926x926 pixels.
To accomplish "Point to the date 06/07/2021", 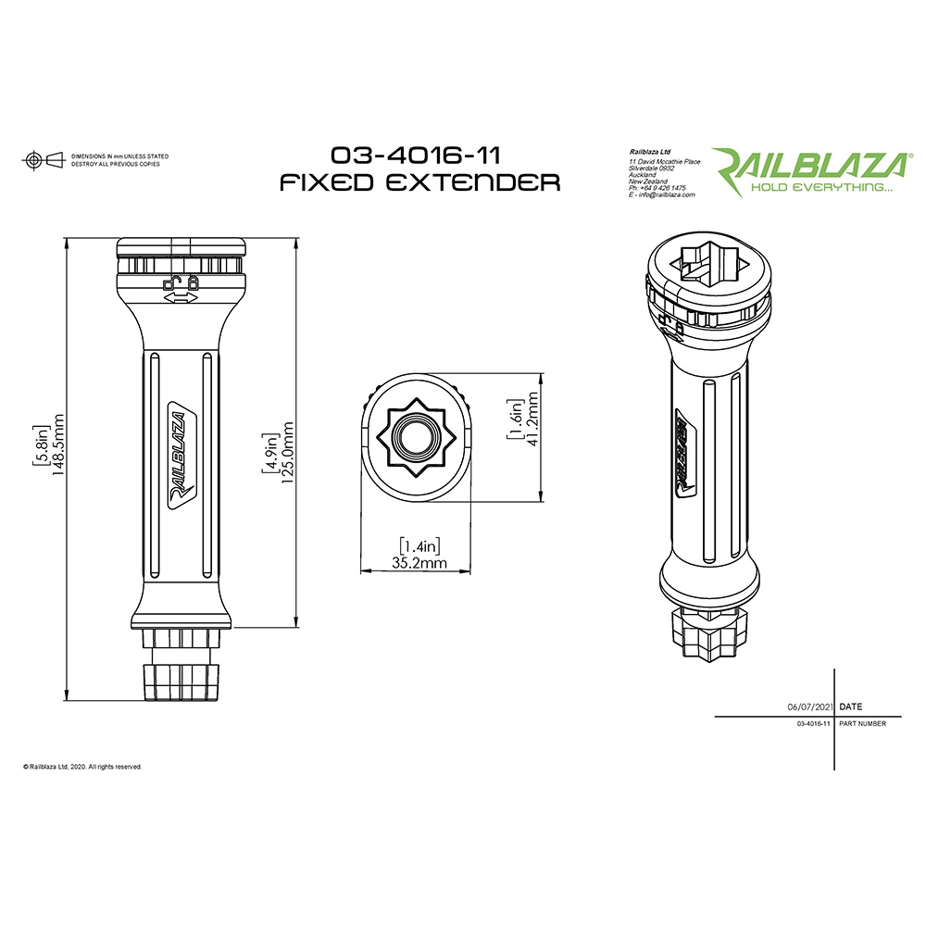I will pyautogui.click(x=809, y=707).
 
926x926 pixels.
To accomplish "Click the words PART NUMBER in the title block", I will pyautogui.click(x=862, y=723).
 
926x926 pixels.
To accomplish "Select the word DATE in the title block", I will pyautogui.click(x=850, y=707).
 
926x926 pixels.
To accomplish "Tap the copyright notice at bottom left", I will pyautogui.click(x=82, y=767).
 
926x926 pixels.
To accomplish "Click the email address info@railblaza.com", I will pyautogui.click(x=664, y=195).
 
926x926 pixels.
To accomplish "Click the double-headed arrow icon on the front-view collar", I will pyautogui.click(x=181, y=298).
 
